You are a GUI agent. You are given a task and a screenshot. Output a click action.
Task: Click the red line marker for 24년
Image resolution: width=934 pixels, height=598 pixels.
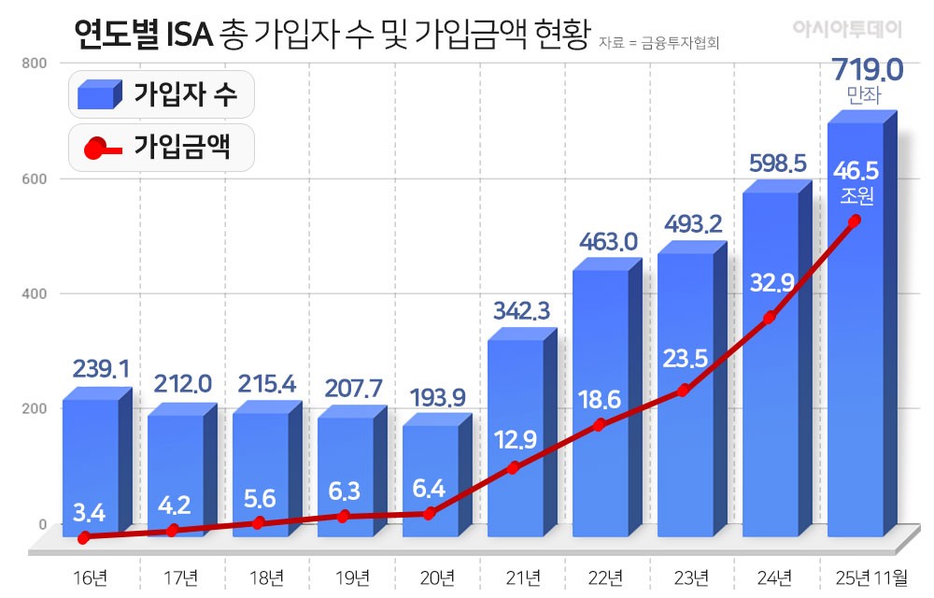[769, 318]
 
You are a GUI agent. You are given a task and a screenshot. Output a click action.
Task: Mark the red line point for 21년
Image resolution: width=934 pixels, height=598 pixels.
[514, 467]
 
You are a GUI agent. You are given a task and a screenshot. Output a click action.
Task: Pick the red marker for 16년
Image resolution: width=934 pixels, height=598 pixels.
[84, 537]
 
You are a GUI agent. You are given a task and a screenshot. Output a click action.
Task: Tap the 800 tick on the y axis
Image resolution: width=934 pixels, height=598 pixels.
[35, 63]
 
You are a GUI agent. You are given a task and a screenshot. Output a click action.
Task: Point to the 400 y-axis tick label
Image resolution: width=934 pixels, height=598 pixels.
[35, 293]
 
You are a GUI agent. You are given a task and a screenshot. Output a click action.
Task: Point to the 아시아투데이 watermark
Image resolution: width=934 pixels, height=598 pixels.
[847, 30]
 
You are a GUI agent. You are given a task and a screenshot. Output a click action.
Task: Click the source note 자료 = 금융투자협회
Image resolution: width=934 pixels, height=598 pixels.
[664, 42]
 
